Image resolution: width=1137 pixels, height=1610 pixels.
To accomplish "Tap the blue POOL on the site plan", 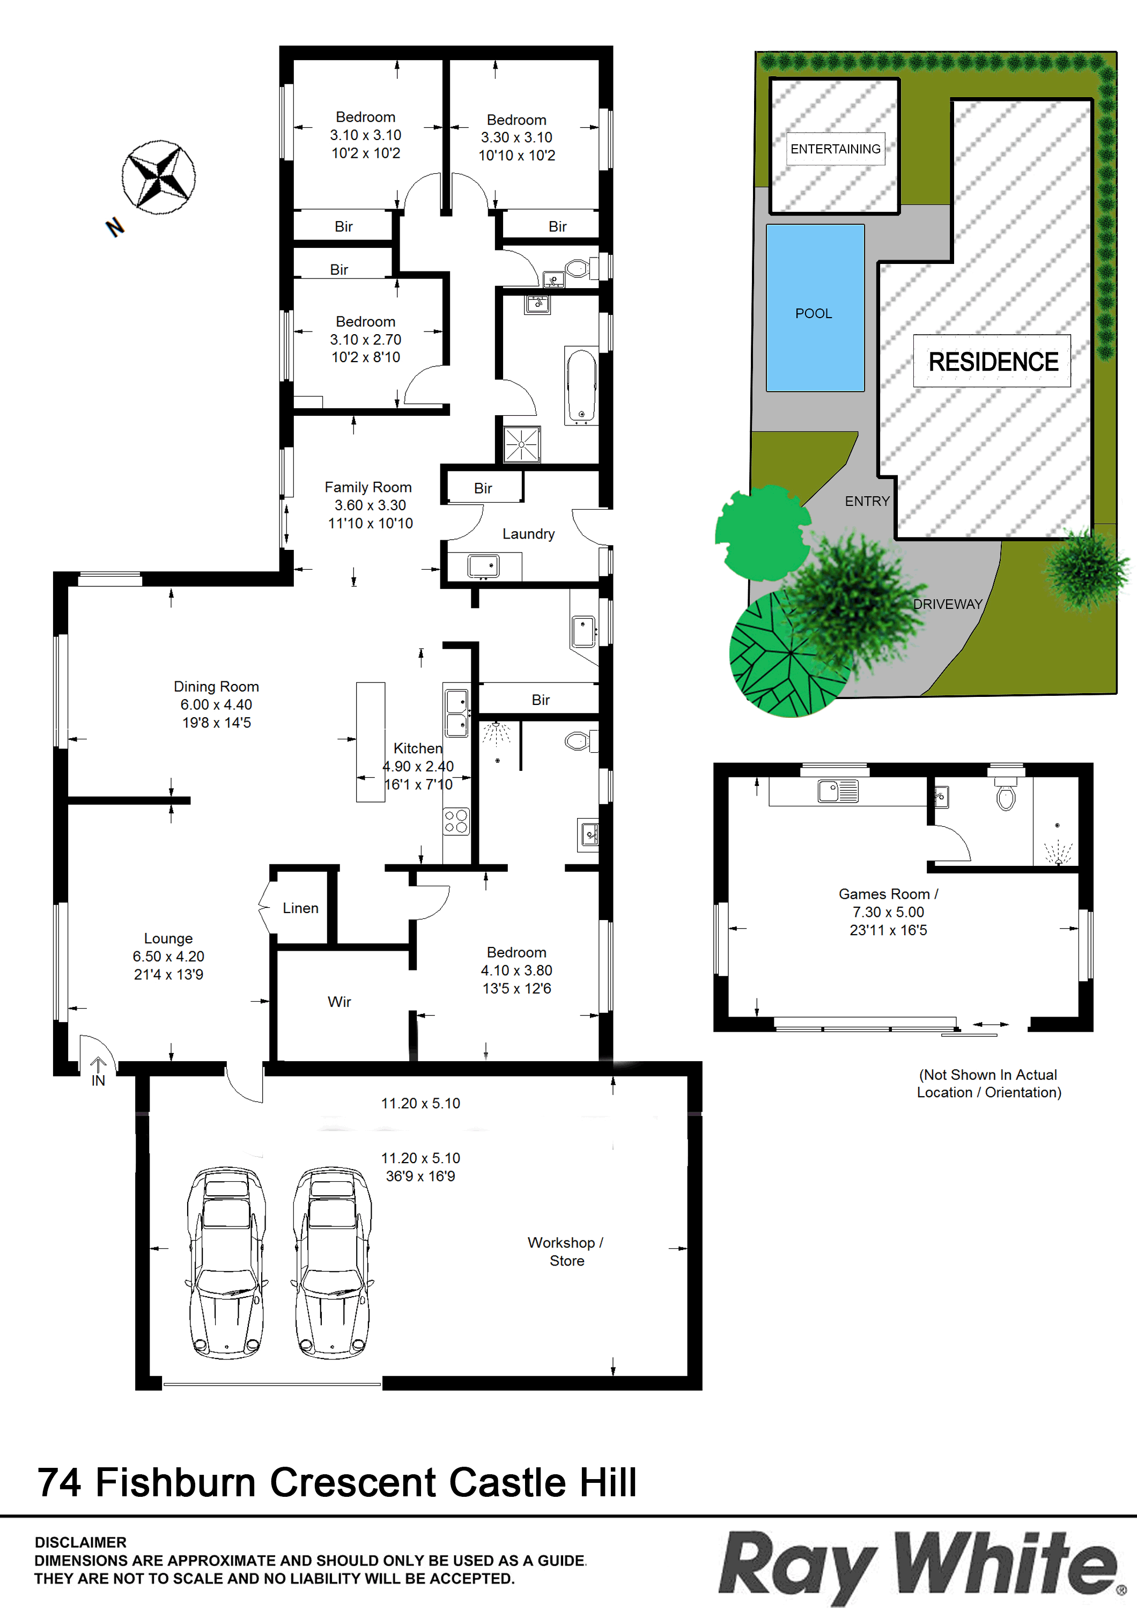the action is tap(815, 308).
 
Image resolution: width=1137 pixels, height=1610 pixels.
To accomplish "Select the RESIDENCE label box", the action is tap(992, 361).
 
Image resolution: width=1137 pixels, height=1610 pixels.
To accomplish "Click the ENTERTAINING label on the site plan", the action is tap(836, 149).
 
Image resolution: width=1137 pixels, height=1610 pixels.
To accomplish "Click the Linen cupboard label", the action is tap(301, 908).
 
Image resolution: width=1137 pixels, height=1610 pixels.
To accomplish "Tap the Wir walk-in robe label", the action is tap(339, 1001).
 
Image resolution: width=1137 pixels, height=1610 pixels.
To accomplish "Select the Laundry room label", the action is tap(528, 534).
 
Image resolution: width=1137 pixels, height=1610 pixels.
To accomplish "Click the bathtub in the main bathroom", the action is tap(581, 386).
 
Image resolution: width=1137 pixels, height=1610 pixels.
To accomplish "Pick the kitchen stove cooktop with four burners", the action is tap(456, 821).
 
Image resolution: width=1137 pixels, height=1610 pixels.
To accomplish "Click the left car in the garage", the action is tap(226, 1262).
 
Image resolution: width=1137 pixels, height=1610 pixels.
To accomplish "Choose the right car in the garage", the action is tap(333, 1262).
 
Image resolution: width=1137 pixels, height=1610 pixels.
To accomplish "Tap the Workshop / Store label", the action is tap(566, 1252).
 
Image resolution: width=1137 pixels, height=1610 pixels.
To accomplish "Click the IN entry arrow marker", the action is tap(98, 1071).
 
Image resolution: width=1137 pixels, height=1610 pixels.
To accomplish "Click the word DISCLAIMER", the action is tap(80, 1542).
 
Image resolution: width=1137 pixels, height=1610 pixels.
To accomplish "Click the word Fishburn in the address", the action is tap(176, 1482).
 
